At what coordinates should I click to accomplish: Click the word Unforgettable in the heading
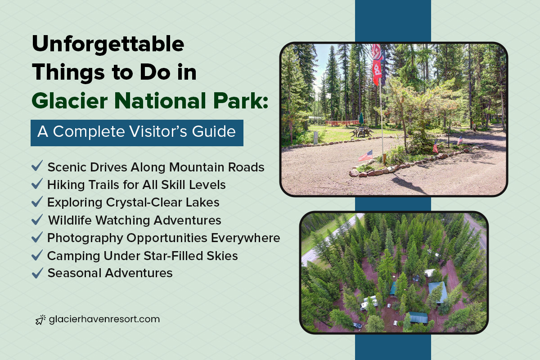pyautogui.click(x=108, y=45)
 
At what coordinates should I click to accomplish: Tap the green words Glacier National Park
pyautogui.click(x=150, y=101)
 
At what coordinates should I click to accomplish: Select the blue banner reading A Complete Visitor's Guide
pyautogui.click(x=137, y=133)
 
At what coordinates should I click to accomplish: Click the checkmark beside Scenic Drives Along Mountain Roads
pyautogui.click(x=37, y=166)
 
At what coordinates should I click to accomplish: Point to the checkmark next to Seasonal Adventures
pyautogui.click(x=37, y=273)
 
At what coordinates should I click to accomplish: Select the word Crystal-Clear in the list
pyautogui.click(x=144, y=202)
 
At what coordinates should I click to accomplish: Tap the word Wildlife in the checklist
pyautogui.click(x=70, y=220)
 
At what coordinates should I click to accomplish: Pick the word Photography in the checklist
pyautogui.click(x=85, y=238)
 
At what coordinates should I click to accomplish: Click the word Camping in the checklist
pyautogui.click(x=73, y=256)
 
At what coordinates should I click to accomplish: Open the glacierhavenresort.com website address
pyautogui.click(x=104, y=319)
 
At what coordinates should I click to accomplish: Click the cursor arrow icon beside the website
pyautogui.click(x=40, y=320)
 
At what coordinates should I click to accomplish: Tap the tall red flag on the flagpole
pyautogui.click(x=377, y=64)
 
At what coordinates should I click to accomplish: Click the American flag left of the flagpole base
pyautogui.click(x=366, y=156)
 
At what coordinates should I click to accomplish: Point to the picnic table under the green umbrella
pyautogui.click(x=361, y=132)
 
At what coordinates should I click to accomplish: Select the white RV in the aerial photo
pyautogui.click(x=369, y=303)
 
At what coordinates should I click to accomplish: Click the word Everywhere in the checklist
pyautogui.click(x=246, y=238)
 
